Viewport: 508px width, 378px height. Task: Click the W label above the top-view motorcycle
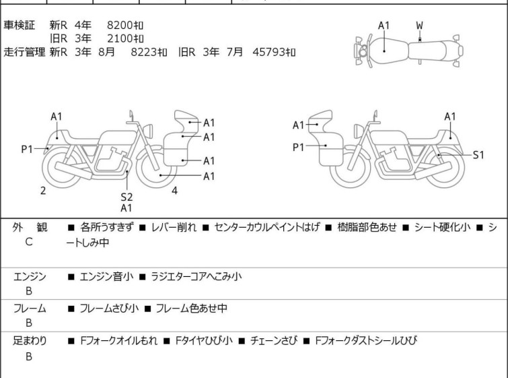pos(420,26)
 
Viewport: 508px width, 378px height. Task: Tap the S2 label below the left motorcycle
pos(126,197)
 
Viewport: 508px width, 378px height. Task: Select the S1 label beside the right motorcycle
pos(478,155)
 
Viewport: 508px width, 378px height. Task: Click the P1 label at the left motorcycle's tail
pos(27,150)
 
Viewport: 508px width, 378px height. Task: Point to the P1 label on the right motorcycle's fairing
pos(298,148)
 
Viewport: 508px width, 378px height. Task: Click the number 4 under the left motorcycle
pos(175,191)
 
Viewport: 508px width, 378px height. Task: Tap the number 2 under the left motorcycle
pos(43,191)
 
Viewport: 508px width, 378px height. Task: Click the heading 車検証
pos(19,25)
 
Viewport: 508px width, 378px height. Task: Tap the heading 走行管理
pos(24,52)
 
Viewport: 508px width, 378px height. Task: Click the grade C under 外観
pos(29,242)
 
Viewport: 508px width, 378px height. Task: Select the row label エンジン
pos(30,277)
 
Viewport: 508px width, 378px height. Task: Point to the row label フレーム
pos(30,309)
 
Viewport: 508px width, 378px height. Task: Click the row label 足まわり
pos(30,341)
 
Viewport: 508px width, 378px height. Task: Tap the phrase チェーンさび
pos(274,341)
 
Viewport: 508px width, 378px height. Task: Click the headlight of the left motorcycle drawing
pos(148,131)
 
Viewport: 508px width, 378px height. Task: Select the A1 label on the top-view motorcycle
pos(384,26)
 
